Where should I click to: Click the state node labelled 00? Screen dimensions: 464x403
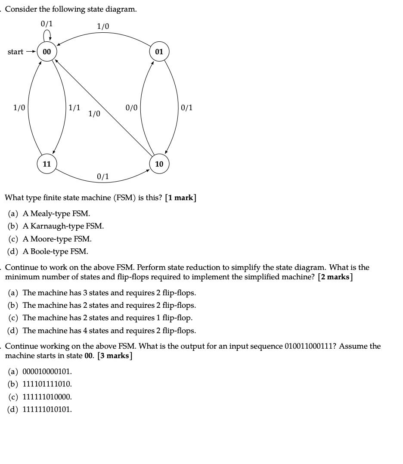pyautogui.click(x=46, y=52)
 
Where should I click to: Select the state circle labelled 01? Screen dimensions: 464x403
pyautogui.click(x=159, y=52)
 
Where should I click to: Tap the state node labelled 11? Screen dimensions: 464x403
pyautogui.click(x=46, y=164)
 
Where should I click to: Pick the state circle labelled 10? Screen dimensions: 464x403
pyautogui.click(x=159, y=164)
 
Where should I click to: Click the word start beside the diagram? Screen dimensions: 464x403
pyautogui.click(x=15, y=52)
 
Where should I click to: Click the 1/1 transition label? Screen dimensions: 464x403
pyautogui.click(x=74, y=108)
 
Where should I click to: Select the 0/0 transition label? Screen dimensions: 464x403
pyautogui.click(x=131, y=108)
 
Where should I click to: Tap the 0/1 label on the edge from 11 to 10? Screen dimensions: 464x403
pyautogui.click(x=103, y=176)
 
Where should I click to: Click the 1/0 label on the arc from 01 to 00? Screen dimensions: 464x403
pyautogui.click(x=103, y=27)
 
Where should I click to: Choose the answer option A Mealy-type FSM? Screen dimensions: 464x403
pyautogui.click(x=56, y=213)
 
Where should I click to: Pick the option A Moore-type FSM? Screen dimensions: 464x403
pyautogui.click(x=57, y=238)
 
